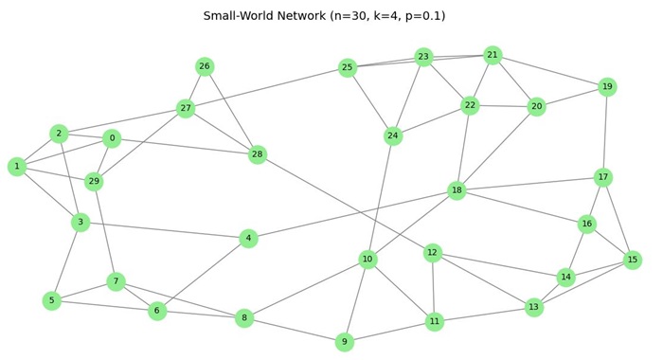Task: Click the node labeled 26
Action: [205, 66]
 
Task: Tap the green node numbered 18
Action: [457, 190]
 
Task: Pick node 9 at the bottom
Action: [345, 342]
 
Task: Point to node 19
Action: [607, 87]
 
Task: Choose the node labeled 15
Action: [633, 260]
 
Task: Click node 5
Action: [52, 300]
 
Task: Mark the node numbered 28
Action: [258, 154]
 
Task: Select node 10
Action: [367, 260]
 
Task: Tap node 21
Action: [493, 55]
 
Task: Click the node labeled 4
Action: [248, 238]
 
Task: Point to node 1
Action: [17, 167]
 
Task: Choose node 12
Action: [433, 252]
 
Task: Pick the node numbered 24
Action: [393, 136]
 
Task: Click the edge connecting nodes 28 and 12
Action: [345, 204]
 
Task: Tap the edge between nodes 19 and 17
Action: [605, 133]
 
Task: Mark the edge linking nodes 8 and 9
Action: [295, 331]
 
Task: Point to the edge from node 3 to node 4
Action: [164, 230]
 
